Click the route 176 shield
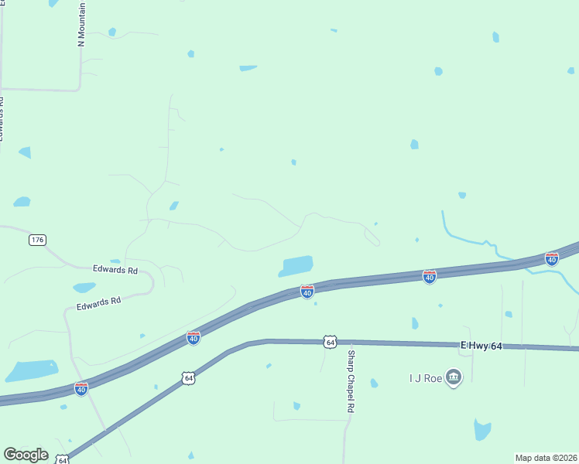[x=36, y=240]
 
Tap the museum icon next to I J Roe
[x=454, y=378]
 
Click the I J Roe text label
[x=424, y=378]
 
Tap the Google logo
[x=26, y=455]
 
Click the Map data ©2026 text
[x=546, y=458]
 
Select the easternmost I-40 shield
[x=552, y=259]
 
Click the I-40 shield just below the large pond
[x=307, y=292]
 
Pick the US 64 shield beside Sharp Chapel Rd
[x=331, y=342]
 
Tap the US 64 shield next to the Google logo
[x=63, y=460]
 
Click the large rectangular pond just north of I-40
[x=296, y=265]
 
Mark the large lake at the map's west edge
[x=33, y=370]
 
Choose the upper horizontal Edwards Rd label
[x=115, y=270]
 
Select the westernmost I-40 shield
[x=81, y=389]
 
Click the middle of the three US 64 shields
[x=188, y=378]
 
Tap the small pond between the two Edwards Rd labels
[x=84, y=288]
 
